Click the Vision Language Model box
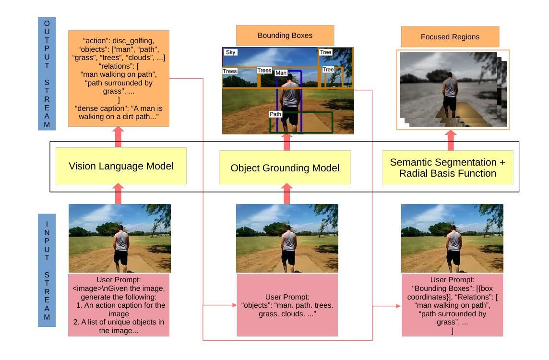[x=121, y=166]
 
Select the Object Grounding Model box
[x=285, y=168]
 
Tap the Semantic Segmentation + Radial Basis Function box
[x=447, y=168]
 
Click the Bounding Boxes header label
[x=285, y=36]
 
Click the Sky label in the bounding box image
[x=231, y=52]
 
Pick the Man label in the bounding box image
[x=281, y=73]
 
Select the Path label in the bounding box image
[x=275, y=114]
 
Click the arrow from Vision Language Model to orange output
[x=118, y=137]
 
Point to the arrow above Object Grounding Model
[x=287, y=142]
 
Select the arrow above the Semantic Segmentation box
[x=450, y=140]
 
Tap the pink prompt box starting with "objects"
[x=287, y=305]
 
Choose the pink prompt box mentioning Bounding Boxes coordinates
[x=452, y=305]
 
